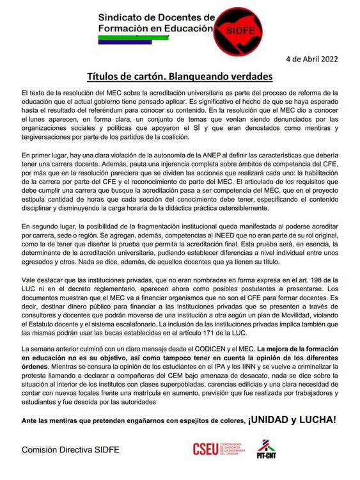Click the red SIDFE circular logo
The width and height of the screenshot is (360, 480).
[x=233, y=28]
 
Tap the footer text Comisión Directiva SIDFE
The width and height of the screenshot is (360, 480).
[x=70, y=450]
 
